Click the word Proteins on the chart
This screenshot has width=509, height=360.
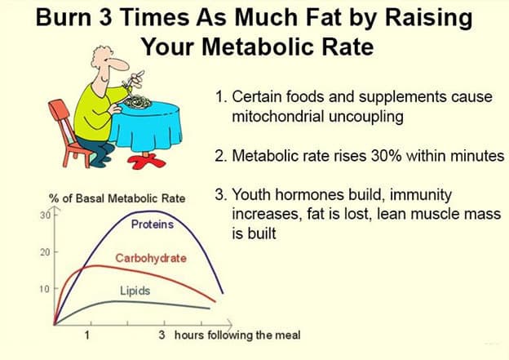click(x=153, y=224)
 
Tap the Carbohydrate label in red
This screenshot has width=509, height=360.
click(x=151, y=258)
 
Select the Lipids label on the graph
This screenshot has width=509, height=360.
click(x=135, y=291)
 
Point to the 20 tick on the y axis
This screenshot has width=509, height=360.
click(x=45, y=252)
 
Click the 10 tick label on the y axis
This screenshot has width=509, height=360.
click(x=45, y=288)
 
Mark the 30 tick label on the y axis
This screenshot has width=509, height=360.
click(x=45, y=215)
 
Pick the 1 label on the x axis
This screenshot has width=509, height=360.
click(x=87, y=335)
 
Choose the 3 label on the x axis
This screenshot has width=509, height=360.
click(x=162, y=335)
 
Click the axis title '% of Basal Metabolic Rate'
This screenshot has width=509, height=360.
click(x=117, y=198)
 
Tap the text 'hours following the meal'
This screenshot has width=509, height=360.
click(x=237, y=335)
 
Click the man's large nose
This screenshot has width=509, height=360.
click(x=119, y=64)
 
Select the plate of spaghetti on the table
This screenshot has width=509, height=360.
click(x=138, y=101)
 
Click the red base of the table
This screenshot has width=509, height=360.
click(x=147, y=161)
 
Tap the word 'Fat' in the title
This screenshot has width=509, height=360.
click(x=323, y=17)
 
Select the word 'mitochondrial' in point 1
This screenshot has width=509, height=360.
click(x=278, y=116)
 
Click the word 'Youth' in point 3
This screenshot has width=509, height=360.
click(x=252, y=194)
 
